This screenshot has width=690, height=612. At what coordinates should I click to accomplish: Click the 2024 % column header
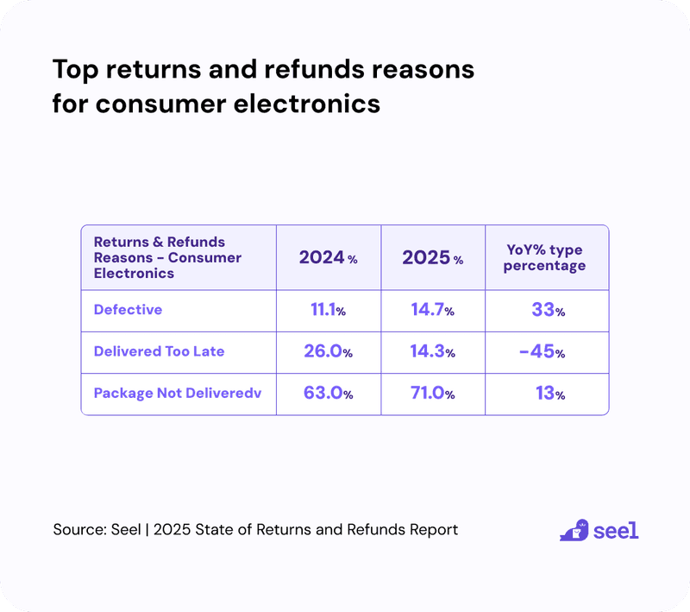pos(328,257)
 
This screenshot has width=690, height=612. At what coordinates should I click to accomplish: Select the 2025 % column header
pos(432,257)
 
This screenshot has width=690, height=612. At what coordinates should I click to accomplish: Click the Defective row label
pos(128,309)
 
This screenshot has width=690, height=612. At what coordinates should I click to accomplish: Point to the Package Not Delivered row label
pos(177,393)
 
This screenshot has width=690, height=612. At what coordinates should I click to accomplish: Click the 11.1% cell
pos(328,310)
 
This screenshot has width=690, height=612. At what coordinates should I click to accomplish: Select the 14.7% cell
pos(432,310)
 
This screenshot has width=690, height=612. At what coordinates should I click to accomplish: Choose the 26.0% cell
pos(328,351)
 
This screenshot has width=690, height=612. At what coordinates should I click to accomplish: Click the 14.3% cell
pos(432,351)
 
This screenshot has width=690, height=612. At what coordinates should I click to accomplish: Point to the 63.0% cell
pos(328,394)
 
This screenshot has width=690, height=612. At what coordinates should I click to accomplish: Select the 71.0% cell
pos(432,394)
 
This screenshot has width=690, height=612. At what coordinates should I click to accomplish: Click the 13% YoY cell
pos(549,394)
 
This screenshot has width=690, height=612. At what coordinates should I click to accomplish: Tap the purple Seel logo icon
pos(574,530)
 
